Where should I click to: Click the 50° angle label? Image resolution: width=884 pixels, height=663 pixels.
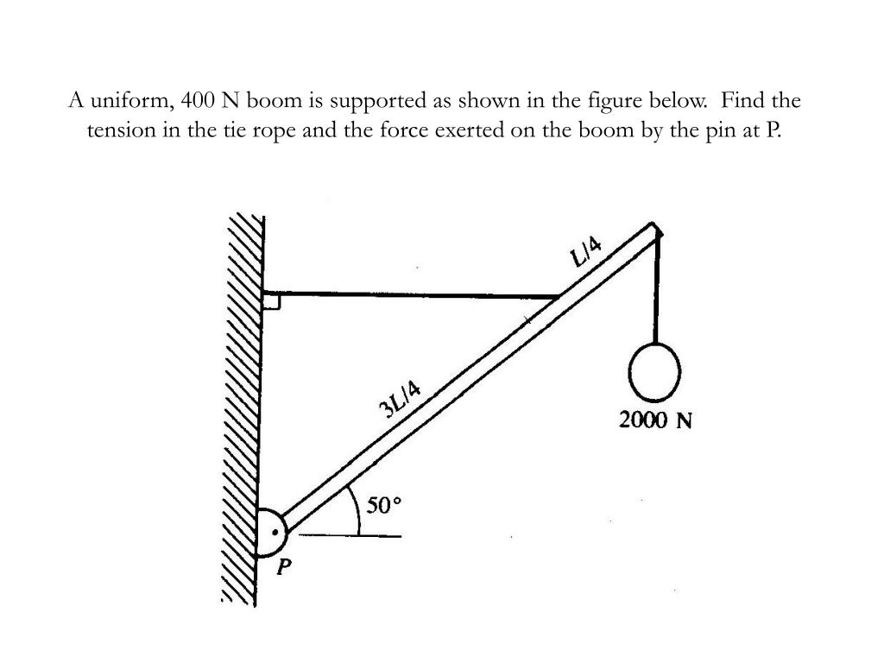(384, 505)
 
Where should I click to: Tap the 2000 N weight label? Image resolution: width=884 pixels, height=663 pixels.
(656, 420)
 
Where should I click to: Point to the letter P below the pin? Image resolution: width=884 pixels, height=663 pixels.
(284, 567)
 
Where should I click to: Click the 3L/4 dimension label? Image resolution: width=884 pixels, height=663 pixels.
(400, 398)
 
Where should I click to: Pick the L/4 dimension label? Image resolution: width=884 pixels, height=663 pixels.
(587, 250)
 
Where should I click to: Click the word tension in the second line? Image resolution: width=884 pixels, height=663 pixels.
(120, 131)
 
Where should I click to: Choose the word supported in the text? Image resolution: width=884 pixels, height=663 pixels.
(378, 101)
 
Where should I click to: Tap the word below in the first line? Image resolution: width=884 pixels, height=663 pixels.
(681, 101)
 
